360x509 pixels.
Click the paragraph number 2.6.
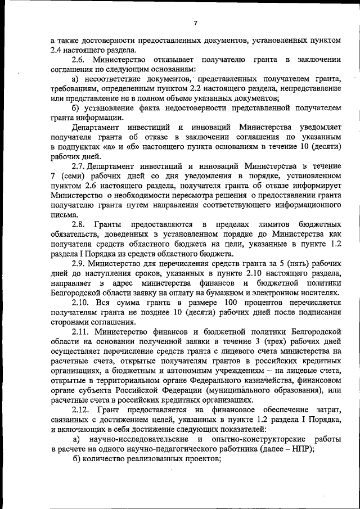(80, 60)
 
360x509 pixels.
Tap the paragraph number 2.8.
(80, 225)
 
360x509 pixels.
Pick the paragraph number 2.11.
(83, 332)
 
